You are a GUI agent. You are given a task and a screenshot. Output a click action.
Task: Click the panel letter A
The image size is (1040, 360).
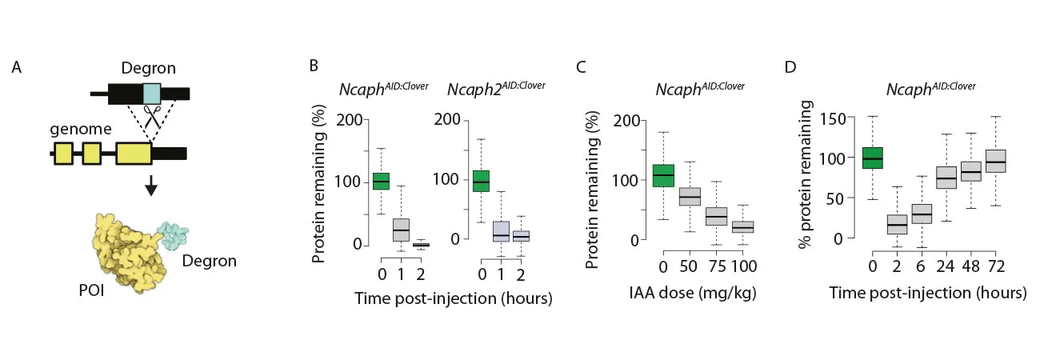(x=17, y=67)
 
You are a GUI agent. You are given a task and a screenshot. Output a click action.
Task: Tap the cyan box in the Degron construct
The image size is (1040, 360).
(x=151, y=93)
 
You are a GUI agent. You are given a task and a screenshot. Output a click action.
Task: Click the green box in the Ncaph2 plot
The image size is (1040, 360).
(x=482, y=182)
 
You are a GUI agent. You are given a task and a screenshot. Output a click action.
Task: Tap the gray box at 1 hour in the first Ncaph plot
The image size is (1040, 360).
(x=401, y=230)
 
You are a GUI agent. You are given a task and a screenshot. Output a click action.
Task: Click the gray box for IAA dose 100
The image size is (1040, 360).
(x=743, y=227)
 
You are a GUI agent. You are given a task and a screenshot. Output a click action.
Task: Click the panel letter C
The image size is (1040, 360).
(x=582, y=67)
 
